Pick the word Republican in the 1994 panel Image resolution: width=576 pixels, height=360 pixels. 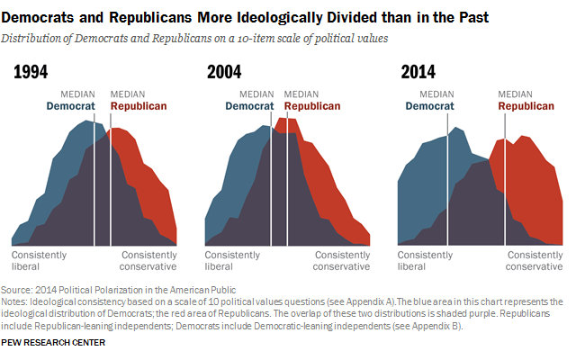[x=139, y=106]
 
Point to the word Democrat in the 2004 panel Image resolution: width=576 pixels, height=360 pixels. [x=249, y=106]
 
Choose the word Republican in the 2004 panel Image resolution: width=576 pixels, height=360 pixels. [x=312, y=106]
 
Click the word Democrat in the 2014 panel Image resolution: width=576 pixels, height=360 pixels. [x=430, y=106]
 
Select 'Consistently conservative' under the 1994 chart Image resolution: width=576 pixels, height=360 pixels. [x=148, y=261]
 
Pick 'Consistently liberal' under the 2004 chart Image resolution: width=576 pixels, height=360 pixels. [x=235, y=261]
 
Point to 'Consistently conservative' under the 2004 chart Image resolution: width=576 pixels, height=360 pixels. [x=341, y=261]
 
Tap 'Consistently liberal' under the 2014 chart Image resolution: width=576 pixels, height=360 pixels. [x=427, y=261]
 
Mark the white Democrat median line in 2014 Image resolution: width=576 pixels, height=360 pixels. [x=447, y=180]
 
